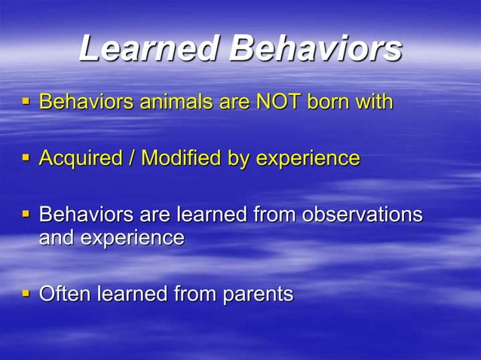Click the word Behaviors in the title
coord(316,49)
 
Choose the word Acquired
coord(81,159)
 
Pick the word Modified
coord(182,159)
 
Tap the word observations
coord(362,215)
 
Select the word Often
coord(65,294)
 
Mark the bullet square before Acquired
coord(26,158)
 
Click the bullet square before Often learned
coord(26,293)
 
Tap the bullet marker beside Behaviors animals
coord(26,101)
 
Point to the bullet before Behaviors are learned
coord(26,215)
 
